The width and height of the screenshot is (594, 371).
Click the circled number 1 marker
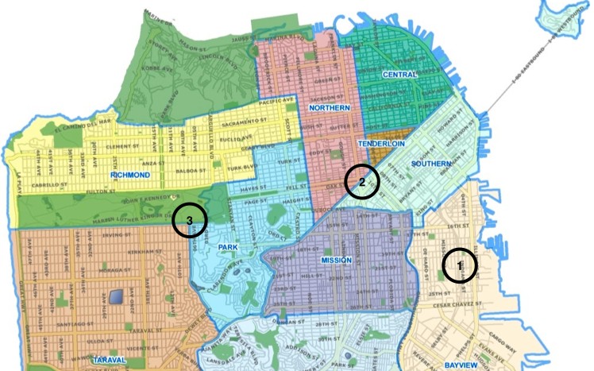460,265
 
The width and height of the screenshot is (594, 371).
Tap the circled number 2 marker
363,181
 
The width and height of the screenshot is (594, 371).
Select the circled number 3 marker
189,220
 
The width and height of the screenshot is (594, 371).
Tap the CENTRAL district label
399,75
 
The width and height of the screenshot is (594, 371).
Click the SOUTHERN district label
431,164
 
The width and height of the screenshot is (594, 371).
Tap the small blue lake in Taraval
118,297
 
